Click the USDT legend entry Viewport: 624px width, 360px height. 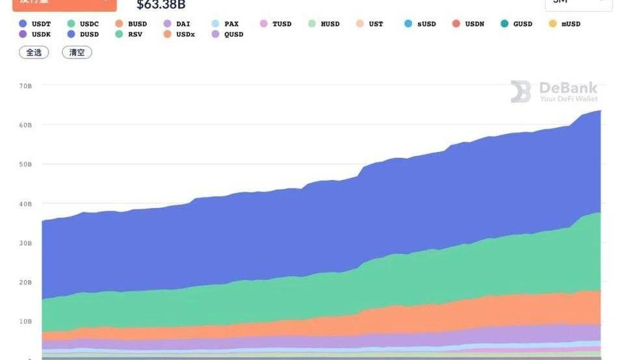pyautogui.click(x=36, y=24)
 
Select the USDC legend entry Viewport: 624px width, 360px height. pyautogui.click(x=84, y=24)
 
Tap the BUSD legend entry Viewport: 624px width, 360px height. pyautogui.click(x=132, y=24)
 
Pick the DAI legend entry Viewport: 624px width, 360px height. pyautogui.click(x=177, y=24)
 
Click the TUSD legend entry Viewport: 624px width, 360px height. pyautogui.click(x=276, y=24)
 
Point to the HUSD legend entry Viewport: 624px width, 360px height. pyautogui.click(x=324, y=24)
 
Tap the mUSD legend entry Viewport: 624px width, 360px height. pyautogui.click(x=564, y=24)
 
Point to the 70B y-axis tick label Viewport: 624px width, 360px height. pyautogui.click(x=26, y=86)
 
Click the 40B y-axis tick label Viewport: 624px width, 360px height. pyautogui.click(x=26, y=204)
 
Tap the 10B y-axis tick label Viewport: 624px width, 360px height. pyautogui.click(x=26, y=322)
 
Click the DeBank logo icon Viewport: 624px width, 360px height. pyautogui.click(x=521, y=92)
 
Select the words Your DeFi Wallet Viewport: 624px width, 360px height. pyautogui.click(x=568, y=99)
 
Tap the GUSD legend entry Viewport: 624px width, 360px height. pyautogui.click(x=516, y=24)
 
